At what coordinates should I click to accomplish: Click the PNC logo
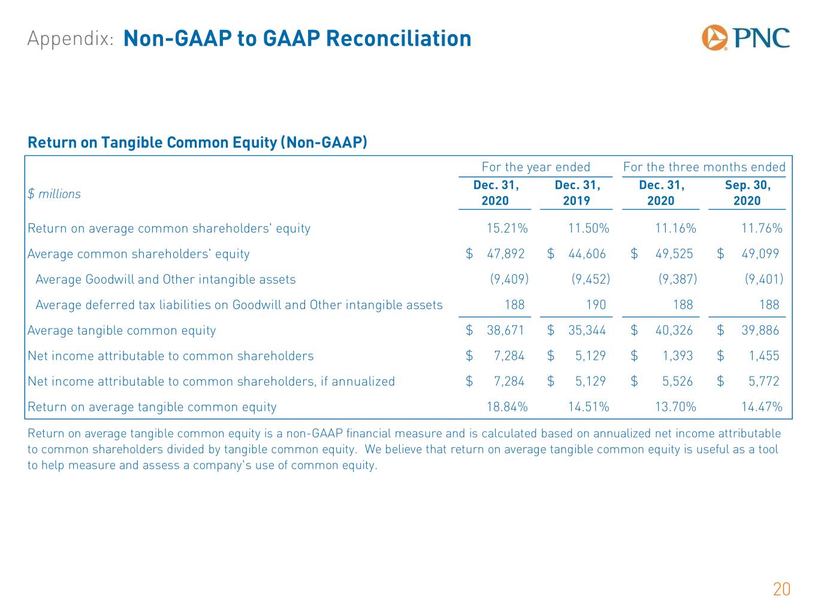click(x=745, y=38)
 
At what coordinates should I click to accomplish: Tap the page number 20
click(x=781, y=589)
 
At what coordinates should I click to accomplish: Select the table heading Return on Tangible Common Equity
click(x=197, y=143)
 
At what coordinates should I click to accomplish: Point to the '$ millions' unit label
click(x=54, y=194)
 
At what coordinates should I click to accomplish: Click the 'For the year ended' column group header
click(x=536, y=167)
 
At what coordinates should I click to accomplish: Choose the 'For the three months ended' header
click(x=704, y=167)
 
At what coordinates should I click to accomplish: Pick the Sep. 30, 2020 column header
click(x=747, y=192)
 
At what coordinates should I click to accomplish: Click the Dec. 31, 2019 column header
click(x=576, y=192)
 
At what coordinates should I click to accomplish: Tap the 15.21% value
click(x=507, y=228)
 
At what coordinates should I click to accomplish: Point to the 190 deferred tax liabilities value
click(x=596, y=305)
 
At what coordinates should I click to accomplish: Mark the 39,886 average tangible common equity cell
click(x=760, y=330)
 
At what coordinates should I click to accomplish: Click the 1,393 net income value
click(x=678, y=356)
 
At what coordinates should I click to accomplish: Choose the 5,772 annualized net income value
click(x=764, y=381)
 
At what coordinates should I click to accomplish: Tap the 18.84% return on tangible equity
click(x=507, y=407)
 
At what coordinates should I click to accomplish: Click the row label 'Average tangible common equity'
click(x=122, y=330)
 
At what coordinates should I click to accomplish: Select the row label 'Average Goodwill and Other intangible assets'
click(x=165, y=279)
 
